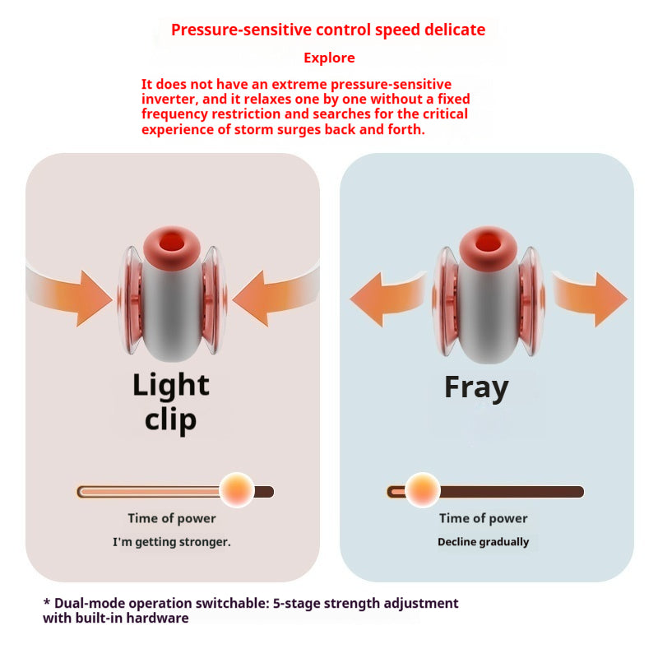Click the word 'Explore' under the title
329,58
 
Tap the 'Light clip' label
171,402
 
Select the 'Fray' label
476,387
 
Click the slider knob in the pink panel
238,491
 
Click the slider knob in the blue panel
423,491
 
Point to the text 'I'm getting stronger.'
171,542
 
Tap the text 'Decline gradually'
483,542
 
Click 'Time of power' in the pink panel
171,518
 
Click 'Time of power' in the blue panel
483,518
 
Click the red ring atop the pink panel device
169,244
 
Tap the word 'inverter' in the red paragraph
168,100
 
